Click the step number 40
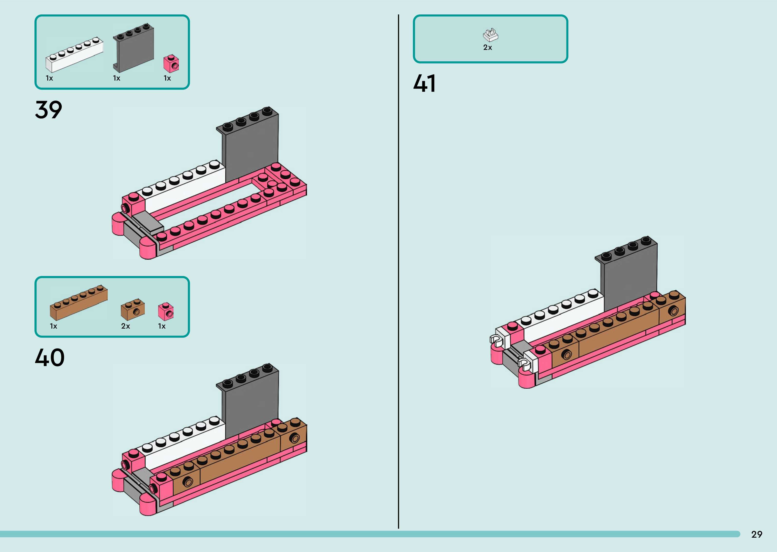click(x=50, y=358)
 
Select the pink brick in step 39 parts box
click(x=171, y=64)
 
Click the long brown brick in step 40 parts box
click(x=79, y=302)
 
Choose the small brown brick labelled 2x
click(x=133, y=309)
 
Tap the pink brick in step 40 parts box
click(x=166, y=311)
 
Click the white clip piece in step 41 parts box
click(x=490, y=35)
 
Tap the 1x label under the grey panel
click(x=117, y=78)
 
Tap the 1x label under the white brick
click(x=49, y=78)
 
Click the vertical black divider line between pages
click(x=398, y=272)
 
